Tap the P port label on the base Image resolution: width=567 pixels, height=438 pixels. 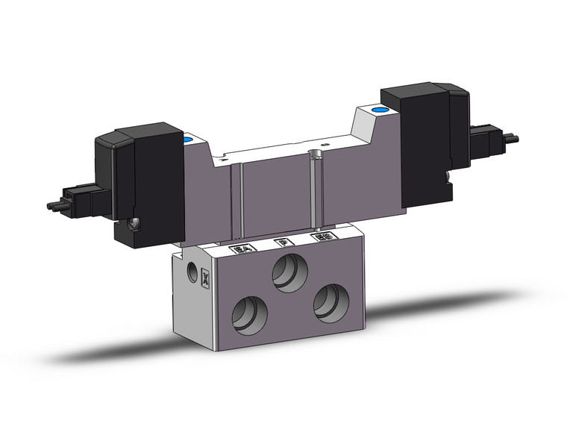coord(281,243)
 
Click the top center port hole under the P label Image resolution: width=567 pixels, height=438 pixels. coord(286,270)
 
